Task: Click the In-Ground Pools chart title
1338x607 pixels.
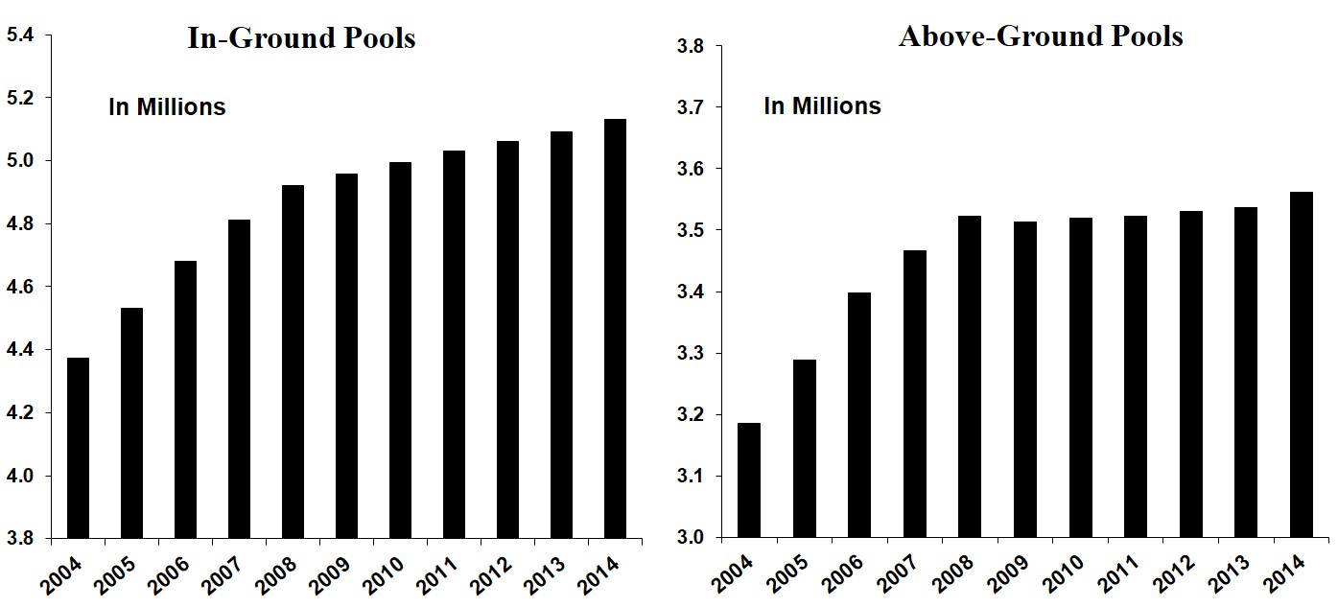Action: coord(301,38)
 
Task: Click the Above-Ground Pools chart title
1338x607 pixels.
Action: coord(1041,36)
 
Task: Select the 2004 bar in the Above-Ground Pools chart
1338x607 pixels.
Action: coord(751,479)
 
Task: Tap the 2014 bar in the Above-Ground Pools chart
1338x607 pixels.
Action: coord(1301,364)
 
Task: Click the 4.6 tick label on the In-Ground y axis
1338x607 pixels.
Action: coord(20,287)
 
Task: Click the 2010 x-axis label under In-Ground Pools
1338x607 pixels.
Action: coord(391,575)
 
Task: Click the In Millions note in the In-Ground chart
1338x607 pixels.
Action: coord(167,106)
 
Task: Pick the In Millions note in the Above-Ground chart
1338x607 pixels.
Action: coord(822,105)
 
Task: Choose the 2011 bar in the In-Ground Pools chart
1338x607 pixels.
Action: coord(453,344)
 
